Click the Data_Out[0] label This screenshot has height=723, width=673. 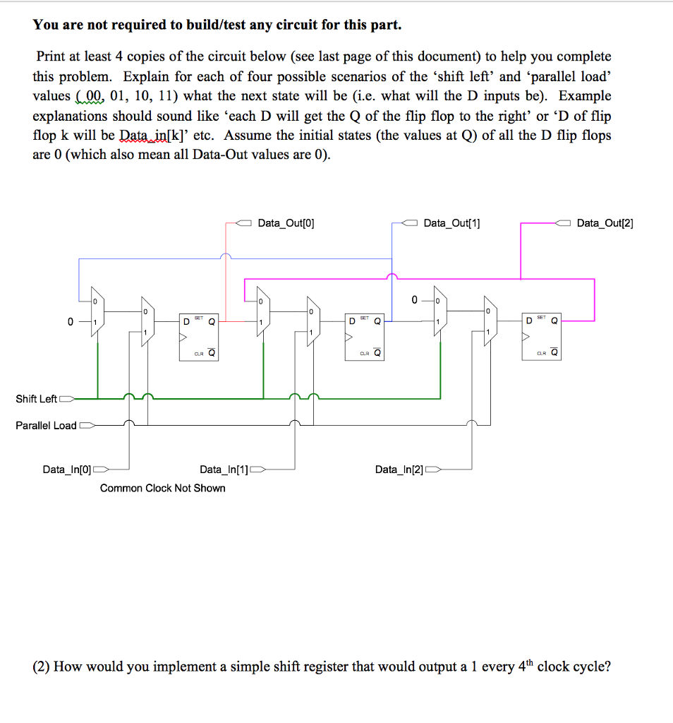286,224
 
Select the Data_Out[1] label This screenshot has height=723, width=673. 451,224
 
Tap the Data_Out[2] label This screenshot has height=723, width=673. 605,224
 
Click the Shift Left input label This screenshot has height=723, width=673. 36,399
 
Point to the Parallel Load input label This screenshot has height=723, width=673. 46,426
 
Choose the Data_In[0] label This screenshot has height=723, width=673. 67,470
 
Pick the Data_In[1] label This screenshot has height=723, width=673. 224,470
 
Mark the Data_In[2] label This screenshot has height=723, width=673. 399,470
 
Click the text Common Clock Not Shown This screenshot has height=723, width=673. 163,489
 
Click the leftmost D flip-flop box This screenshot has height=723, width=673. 198,337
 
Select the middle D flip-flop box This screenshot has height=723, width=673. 365,337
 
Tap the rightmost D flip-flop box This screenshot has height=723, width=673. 541,337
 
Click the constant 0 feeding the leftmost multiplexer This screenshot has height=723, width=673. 70,322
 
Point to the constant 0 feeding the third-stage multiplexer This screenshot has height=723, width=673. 414,300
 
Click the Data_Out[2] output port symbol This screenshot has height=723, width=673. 564,223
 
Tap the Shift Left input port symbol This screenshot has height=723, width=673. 66,399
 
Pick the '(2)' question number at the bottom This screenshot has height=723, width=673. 41,667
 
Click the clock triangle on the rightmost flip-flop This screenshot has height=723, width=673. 526,337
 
